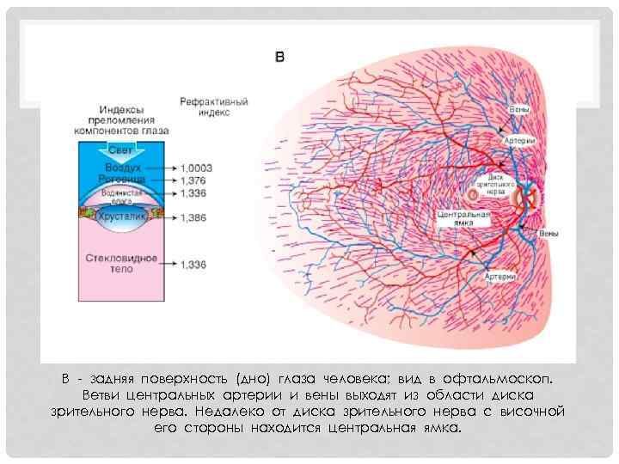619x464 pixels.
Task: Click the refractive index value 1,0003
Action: click(197, 168)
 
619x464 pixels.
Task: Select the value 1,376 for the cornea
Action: click(193, 181)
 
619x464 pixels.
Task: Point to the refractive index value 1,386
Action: click(193, 218)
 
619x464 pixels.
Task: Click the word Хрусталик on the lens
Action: click(120, 217)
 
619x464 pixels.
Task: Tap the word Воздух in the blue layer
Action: click(120, 168)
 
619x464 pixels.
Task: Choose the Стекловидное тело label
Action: click(120, 263)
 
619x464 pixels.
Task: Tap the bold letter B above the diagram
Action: click(279, 58)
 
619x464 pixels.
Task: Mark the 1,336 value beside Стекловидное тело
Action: click(193, 264)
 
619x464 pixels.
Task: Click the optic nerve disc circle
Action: click(526, 199)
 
